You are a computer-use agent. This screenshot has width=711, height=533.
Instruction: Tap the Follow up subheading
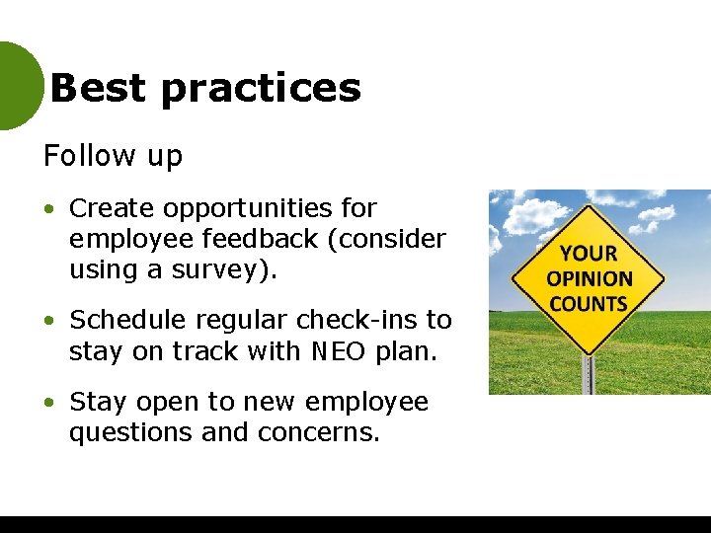pos(113,156)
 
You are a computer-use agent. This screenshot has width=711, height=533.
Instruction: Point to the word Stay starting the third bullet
pos(99,402)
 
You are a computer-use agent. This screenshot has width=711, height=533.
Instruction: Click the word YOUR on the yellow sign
pos(589,254)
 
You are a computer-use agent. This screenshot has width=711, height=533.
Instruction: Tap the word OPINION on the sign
pos(590,278)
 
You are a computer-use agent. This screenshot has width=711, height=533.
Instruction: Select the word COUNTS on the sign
pos(589,303)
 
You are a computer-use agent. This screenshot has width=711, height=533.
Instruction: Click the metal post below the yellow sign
pos(589,375)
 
